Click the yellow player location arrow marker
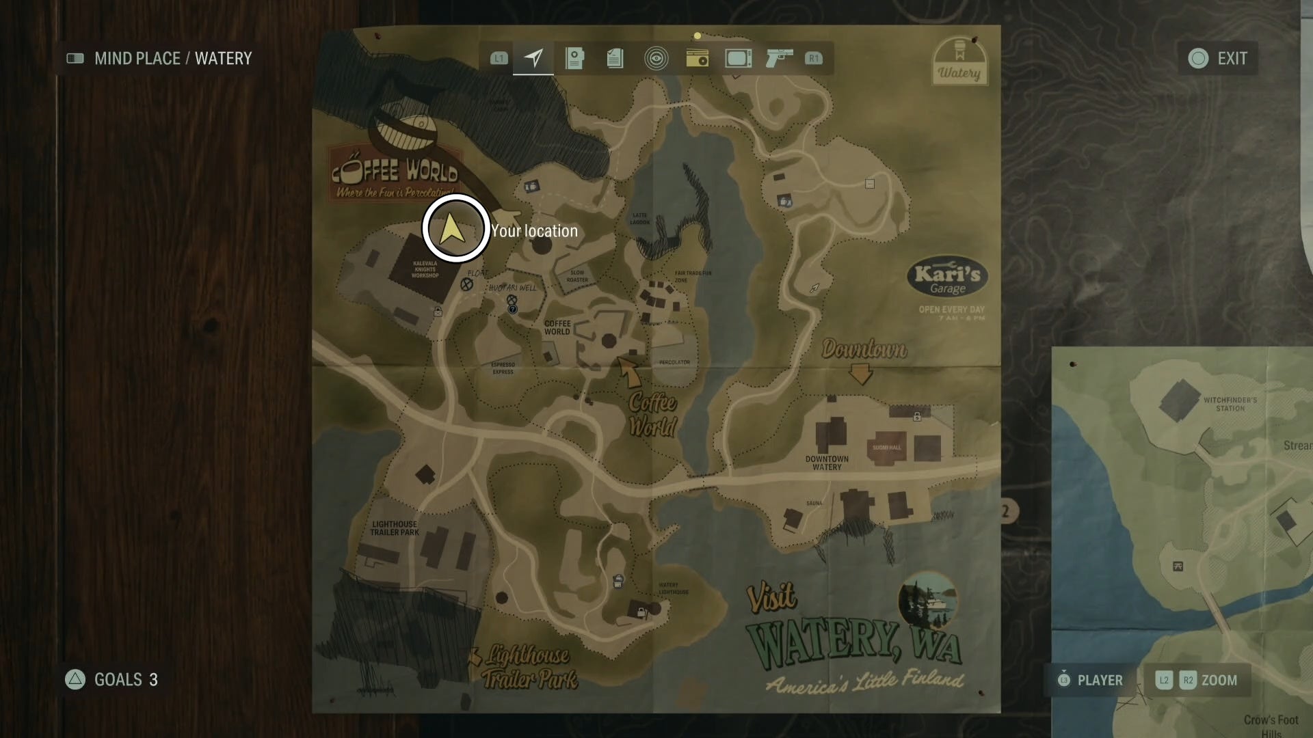coord(453,229)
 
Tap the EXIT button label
coord(1232,59)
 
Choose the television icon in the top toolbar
coord(738,58)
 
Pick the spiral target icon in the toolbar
coord(656,58)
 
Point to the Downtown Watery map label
coord(827,463)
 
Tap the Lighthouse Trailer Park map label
coord(395,528)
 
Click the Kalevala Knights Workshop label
coord(425,269)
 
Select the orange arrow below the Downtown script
coord(860,374)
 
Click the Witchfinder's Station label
coord(1230,404)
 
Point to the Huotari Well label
coord(513,288)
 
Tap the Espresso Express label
coord(503,368)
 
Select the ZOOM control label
coord(1219,680)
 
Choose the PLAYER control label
coord(1100,680)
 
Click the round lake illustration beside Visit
coord(927,602)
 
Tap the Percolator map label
coord(674,362)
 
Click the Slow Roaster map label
coord(577,276)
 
